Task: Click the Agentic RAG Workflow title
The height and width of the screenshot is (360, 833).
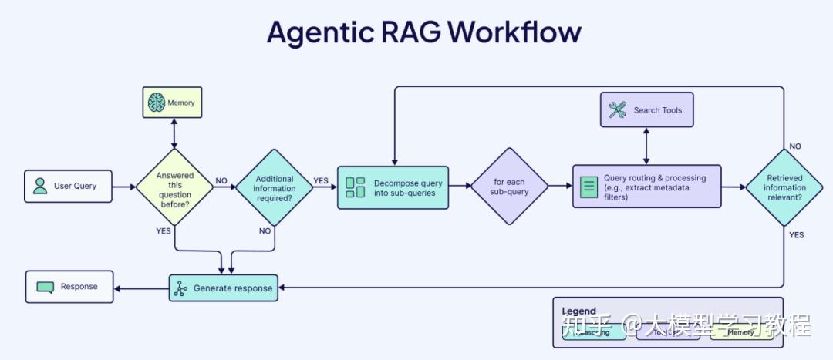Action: tap(423, 32)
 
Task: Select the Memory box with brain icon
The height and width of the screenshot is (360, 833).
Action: tap(173, 103)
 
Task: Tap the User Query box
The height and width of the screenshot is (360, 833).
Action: tap(68, 186)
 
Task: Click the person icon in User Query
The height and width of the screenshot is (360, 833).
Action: tap(40, 186)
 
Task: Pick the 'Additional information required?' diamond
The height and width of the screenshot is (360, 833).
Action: tap(275, 187)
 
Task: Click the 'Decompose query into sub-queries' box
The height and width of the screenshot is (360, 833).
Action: tap(393, 187)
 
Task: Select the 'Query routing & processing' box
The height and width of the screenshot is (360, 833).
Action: tap(646, 187)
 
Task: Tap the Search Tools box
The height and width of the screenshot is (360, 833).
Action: tap(646, 110)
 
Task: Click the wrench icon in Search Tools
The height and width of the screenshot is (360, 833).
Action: tap(618, 110)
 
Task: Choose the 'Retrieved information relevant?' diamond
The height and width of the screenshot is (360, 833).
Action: tap(784, 187)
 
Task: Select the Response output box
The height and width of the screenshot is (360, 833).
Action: tap(69, 287)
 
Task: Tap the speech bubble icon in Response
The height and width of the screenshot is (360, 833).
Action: tap(46, 287)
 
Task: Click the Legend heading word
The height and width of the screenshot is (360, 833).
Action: tap(578, 311)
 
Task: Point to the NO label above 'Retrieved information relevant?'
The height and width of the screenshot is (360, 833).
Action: tap(795, 146)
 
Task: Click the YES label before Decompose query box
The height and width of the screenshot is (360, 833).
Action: tap(320, 181)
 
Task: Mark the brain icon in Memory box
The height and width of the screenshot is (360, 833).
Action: tap(157, 103)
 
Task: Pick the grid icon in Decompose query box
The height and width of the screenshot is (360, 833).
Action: tap(356, 187)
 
